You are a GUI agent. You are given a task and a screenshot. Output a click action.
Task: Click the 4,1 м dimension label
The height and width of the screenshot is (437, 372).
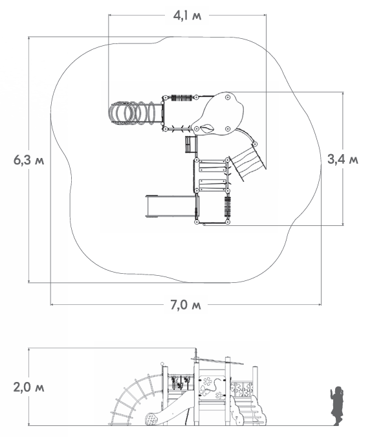[187, 16]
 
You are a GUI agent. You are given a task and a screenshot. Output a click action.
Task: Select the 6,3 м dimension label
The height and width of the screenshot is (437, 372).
[28, 161]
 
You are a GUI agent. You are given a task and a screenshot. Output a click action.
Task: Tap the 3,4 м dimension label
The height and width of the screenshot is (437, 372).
[343, 159]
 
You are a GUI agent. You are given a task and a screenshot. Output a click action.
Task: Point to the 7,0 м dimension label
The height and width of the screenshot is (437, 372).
[186, 305]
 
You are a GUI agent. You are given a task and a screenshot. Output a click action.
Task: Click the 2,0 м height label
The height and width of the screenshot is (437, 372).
[28, 387]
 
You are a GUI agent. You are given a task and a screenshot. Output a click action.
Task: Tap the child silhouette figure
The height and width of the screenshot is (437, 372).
[336, 406]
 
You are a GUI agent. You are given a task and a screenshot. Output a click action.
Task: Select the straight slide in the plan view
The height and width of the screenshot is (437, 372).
[170, 206]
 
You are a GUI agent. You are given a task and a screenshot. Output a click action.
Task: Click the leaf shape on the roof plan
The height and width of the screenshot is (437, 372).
[207, 128]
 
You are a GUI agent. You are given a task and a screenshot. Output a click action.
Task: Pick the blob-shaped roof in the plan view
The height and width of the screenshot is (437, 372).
[219, 113]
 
